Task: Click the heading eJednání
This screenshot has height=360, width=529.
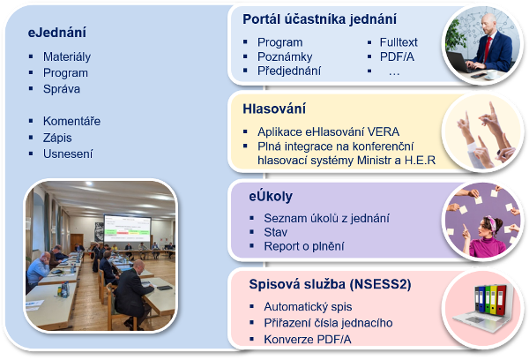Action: pyautogui.click(x=57, y=33)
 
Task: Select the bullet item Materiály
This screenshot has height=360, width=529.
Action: pyautogui.click(x=67, y=56)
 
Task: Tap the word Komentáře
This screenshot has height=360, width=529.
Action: pyautogui.click(x=72, y=121)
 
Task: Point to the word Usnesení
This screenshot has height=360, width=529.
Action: pyautogui.click(x=68, y=154)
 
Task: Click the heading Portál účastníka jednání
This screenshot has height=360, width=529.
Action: pyautogui.click(x=319, y=19)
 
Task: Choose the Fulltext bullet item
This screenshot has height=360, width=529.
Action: pyautogui.click(x=399, y=42)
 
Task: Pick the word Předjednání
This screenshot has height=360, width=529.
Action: pyautogui.click(x=289, y=71)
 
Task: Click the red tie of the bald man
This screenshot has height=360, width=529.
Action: pyautogui.click(x=488, y=49)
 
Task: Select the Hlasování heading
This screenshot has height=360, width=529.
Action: pyautogui.click(x=274, y=109)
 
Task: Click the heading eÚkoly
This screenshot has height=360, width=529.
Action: pyautogui.click(x=271, y=196)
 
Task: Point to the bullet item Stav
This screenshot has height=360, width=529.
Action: pyautogui.click(x=276, y=232)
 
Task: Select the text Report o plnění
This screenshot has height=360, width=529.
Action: pyautogui.click(x=304, y=246)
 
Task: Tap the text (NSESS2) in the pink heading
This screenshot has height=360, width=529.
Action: pyautogui.click(x=381, y=284)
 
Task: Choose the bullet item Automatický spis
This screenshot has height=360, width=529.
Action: pyautogui.click(x=308, y=307)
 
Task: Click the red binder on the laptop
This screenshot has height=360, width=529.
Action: pyautogui.click(x=502, y=299)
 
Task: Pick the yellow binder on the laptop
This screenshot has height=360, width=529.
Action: pyautogui.click(x=493, y=299)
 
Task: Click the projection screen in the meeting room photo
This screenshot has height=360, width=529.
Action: pyautogui.click(x=127, y=228)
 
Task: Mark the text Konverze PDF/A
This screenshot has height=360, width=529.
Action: pyautogui.click(x=308, y=339)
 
